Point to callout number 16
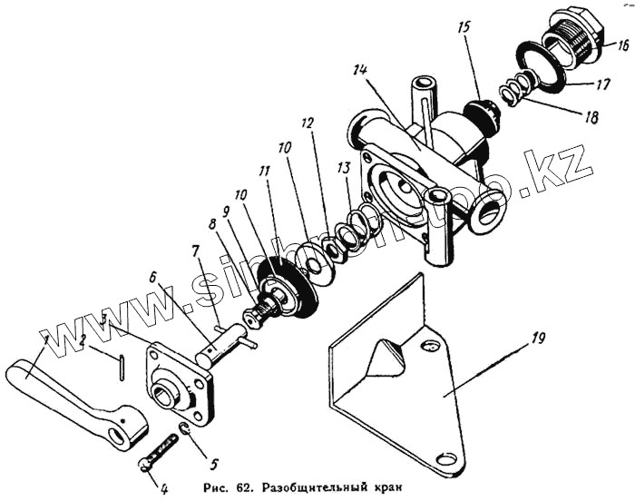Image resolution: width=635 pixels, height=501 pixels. (624, 44)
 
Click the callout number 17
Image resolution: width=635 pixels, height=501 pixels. (601, 88)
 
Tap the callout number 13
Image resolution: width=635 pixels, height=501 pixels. (342, 169)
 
